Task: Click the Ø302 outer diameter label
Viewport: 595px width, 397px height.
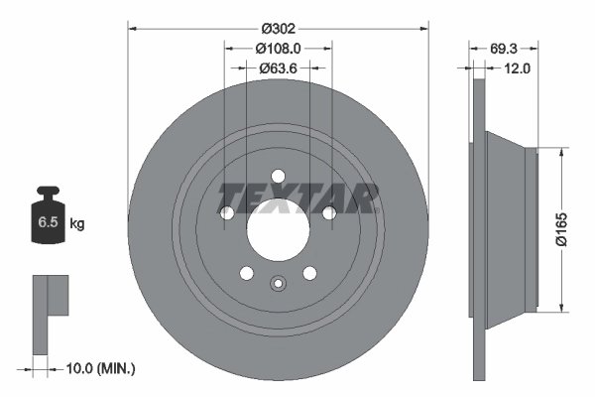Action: [278, 17]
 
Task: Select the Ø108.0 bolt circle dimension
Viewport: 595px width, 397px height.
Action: [278, 47]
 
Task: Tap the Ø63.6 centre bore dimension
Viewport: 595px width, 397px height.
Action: [278, 68]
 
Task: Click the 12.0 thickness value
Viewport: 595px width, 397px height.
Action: [517, 68]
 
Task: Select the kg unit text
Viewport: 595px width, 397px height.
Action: [77, 224]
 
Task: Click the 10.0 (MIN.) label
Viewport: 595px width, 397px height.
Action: [98, 369]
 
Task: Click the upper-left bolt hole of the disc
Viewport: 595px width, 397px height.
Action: [227, 212]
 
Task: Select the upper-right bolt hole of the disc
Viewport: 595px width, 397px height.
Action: [328, 212]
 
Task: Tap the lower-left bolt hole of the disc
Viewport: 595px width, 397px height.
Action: [246, 273]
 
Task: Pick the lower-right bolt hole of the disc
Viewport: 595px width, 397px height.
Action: [309, 273]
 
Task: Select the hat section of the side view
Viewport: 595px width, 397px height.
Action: [511, 228]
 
